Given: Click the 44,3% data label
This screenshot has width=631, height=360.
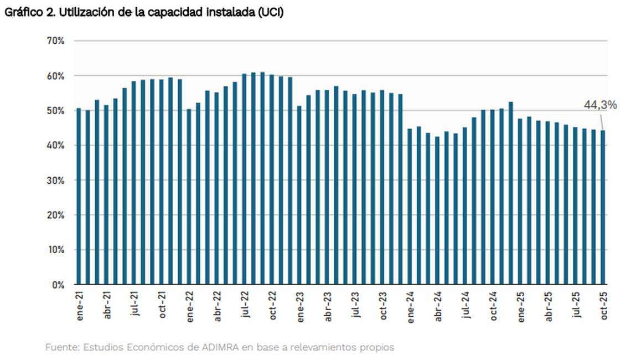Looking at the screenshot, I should point(600,105).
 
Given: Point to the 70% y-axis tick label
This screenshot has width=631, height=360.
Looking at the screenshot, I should point(56,41).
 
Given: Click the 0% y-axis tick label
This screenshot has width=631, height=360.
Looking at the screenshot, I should point(58,285).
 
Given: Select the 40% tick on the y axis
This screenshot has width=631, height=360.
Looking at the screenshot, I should point(56,146).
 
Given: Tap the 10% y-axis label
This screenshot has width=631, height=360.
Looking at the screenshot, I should point(56,250).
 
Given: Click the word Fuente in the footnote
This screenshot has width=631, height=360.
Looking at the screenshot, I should point(61,347).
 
